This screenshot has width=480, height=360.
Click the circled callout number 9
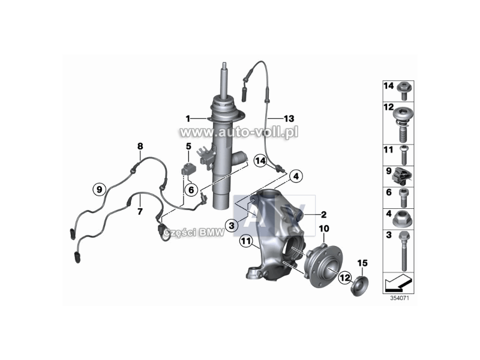(x=99, y=190)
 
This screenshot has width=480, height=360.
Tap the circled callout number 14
(x=260, y=161)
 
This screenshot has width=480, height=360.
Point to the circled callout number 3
(x=232, y=226)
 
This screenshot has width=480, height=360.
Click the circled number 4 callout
(x=296, y=176)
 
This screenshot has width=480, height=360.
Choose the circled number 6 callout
(x=191, y=190)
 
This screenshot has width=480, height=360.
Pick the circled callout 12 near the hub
(x=344, y=278)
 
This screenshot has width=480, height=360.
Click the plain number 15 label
(x=362, y=263)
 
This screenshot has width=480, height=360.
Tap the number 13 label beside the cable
(x=289, y=118)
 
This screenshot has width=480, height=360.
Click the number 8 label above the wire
(x=140, y=146)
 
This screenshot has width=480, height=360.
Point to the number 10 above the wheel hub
(x=324, y=229)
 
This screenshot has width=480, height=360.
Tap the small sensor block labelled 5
(x=187, y=169)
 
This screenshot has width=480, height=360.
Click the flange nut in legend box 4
(x=403, y=220)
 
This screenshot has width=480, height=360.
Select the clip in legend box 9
(x=402, y=176)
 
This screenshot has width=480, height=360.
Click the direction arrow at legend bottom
(x=398, y=282)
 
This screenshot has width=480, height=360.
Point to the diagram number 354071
(x=399, y=298)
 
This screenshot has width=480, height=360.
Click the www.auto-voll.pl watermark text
(x=239, y=133)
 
